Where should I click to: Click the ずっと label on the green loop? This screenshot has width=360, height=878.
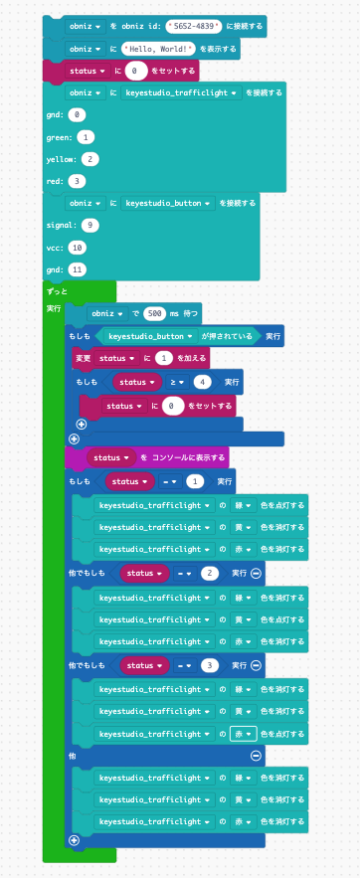(56, 290)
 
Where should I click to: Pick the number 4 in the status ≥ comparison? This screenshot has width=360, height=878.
(203, 381)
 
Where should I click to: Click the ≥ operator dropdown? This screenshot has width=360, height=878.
(175, 381)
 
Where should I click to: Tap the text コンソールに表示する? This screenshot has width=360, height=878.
(184, 457)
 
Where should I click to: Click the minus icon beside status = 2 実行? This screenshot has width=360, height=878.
(257, 573)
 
